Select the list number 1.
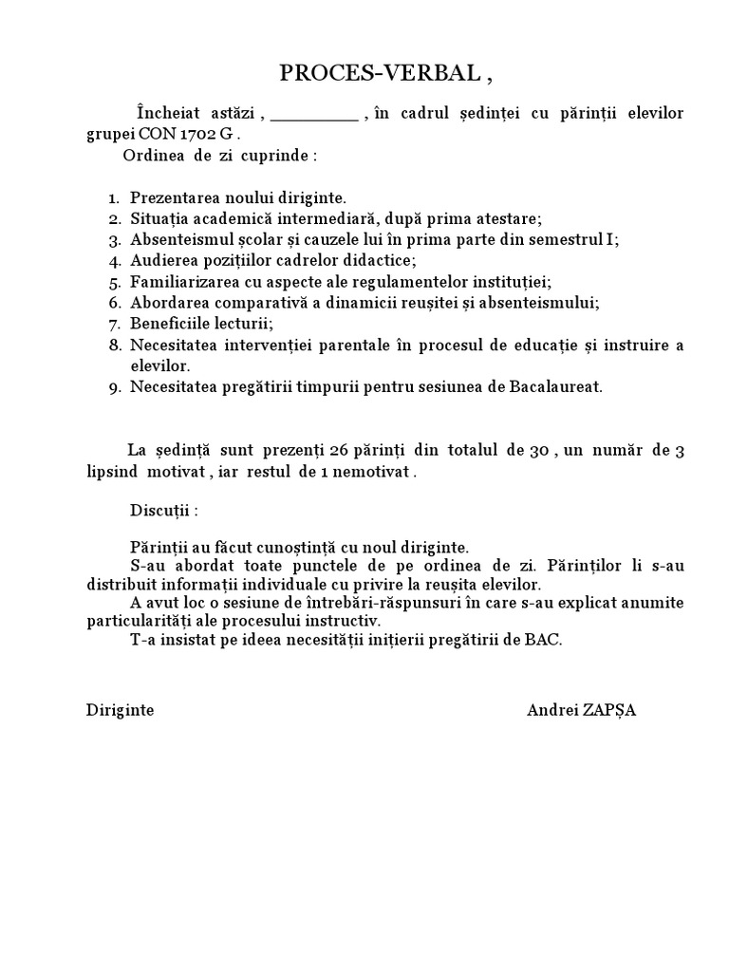click(x=113, y=198)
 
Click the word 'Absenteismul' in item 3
click(x=176, y=239)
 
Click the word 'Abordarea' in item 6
click(x=165, y=303)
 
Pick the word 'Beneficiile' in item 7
click(x=169, y=324)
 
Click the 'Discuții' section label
click(x=163, y=510)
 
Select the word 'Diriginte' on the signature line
click(x=120, y=711)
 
